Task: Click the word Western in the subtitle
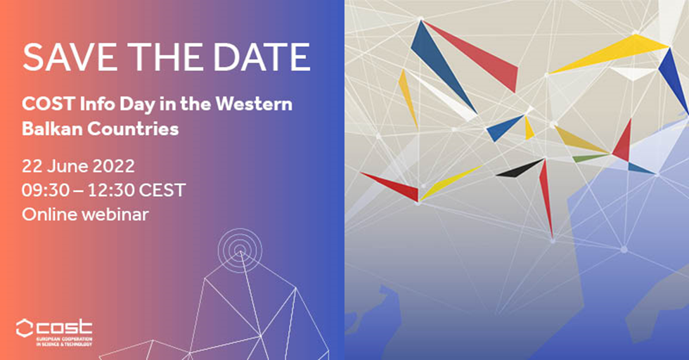254,104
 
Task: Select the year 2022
113,166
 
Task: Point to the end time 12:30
110,191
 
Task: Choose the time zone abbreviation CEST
162,191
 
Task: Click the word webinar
115,214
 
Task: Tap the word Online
50,214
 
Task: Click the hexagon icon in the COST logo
25,328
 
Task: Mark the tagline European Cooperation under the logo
64,340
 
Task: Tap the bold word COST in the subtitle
49,104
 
